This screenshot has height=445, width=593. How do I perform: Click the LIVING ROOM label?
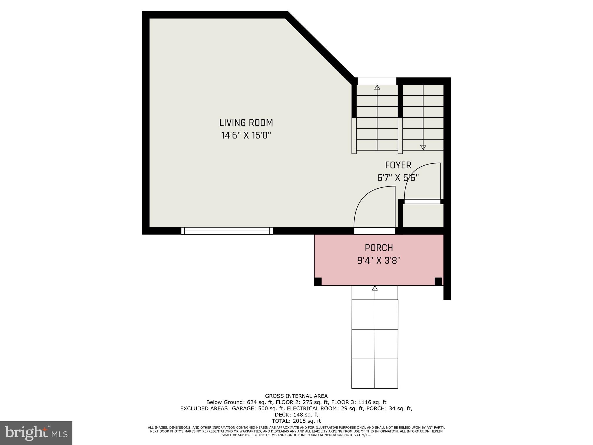point(246,123)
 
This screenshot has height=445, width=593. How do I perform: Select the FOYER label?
point(398,165)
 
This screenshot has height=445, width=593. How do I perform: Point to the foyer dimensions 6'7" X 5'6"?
point(398,178)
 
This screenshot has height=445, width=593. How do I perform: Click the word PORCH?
point(379,248)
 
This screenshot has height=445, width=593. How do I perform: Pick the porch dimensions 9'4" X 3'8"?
point(379,261)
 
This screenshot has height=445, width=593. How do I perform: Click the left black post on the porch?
point(318,281)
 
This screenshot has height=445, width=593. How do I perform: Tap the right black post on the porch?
point(438,281)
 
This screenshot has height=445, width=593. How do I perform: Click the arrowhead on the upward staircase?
point(377,87)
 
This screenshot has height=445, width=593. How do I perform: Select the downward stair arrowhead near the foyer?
point(423,147)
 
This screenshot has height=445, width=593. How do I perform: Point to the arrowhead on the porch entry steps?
point(375,288)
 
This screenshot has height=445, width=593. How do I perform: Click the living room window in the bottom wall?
point(227,231)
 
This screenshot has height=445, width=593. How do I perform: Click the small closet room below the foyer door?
point(423,216)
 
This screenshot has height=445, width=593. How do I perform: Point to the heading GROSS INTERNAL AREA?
point(296,396)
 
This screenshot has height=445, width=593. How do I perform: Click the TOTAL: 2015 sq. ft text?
point(296,421)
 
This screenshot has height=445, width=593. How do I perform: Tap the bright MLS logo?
point(36,433)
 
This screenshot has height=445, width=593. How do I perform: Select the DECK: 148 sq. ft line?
point(296,415)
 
